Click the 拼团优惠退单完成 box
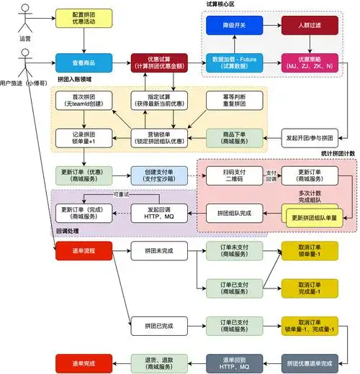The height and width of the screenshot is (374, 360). pyautogui.click(x=310, y=362)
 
